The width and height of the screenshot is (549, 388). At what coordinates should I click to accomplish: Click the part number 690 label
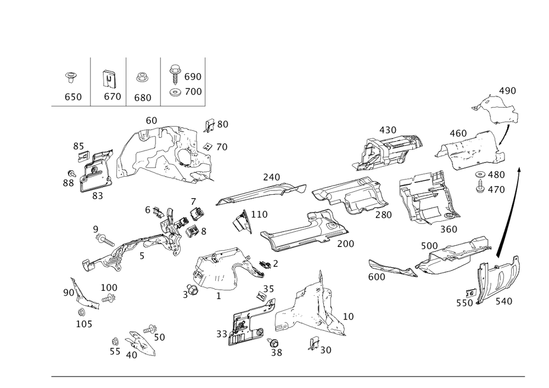click(193, 77)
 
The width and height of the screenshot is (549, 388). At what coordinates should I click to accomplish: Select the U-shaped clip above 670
click(109, 79)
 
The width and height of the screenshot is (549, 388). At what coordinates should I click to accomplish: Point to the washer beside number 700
click(174, 92)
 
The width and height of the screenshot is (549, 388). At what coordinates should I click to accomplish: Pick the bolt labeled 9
click(104, 240)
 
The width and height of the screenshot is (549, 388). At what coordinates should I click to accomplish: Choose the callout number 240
click(271, 177)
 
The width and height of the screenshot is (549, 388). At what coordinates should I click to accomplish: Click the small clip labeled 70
click(208, 146)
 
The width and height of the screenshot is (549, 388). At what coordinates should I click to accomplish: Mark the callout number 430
click(388, 130)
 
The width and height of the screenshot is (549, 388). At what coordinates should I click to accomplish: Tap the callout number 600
click(377, 277)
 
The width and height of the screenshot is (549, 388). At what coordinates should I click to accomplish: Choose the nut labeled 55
click(115, 341)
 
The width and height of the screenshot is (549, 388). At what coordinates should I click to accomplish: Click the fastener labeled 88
click(72, 173)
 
